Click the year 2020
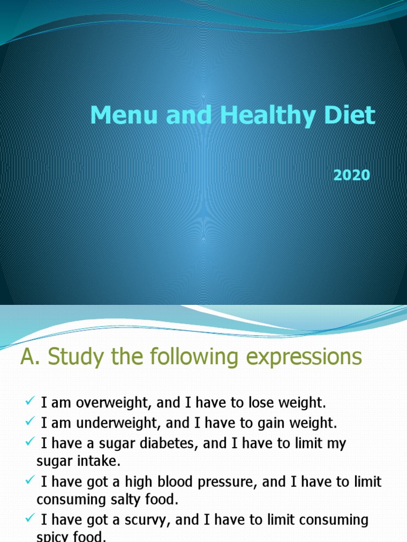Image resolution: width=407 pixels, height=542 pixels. (x=351, y=175)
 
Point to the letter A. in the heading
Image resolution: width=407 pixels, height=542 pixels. (x=30, y=357)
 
